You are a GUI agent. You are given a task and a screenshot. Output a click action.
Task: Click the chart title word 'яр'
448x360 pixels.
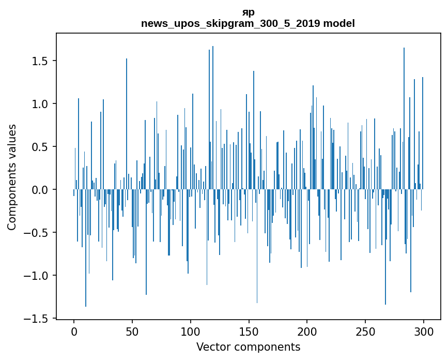coord(248,12)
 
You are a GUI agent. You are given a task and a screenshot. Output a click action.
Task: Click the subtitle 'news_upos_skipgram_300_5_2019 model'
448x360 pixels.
coord(248,23)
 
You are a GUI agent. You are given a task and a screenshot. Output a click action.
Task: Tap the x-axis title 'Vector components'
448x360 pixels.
coord(248,347)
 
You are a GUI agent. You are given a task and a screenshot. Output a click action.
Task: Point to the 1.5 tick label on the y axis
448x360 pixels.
coord(40,61)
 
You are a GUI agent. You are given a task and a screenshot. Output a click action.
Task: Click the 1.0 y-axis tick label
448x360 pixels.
coord(40,104)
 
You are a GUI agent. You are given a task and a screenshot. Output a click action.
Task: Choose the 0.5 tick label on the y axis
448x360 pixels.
coord(40,147)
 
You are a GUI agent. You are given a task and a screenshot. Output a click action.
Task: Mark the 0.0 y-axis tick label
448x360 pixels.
coord(40,190)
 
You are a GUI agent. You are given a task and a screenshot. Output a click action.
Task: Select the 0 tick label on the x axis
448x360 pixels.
coord(74,331)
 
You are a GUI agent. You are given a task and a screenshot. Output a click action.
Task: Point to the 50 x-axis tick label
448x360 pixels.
coord(132,331)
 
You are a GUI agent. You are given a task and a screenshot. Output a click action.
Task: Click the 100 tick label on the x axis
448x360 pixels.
coord(191,331)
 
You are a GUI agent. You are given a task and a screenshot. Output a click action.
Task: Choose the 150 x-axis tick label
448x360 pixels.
coord(249,331)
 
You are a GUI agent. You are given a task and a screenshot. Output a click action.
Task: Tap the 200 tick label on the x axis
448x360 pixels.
coord(307,331)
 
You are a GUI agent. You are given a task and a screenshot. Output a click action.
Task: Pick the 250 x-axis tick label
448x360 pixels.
coord(365,331)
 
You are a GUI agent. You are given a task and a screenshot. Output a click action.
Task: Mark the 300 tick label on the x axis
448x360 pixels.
coord(424,331)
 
